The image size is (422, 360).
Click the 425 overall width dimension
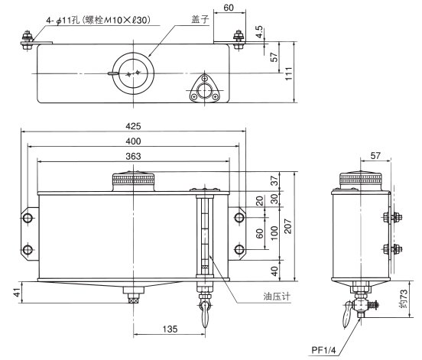133,125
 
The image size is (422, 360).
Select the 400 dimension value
133,141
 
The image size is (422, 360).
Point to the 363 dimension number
133,156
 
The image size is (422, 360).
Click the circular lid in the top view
134,72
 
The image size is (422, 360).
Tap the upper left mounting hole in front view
28,219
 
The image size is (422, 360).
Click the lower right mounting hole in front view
239,250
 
